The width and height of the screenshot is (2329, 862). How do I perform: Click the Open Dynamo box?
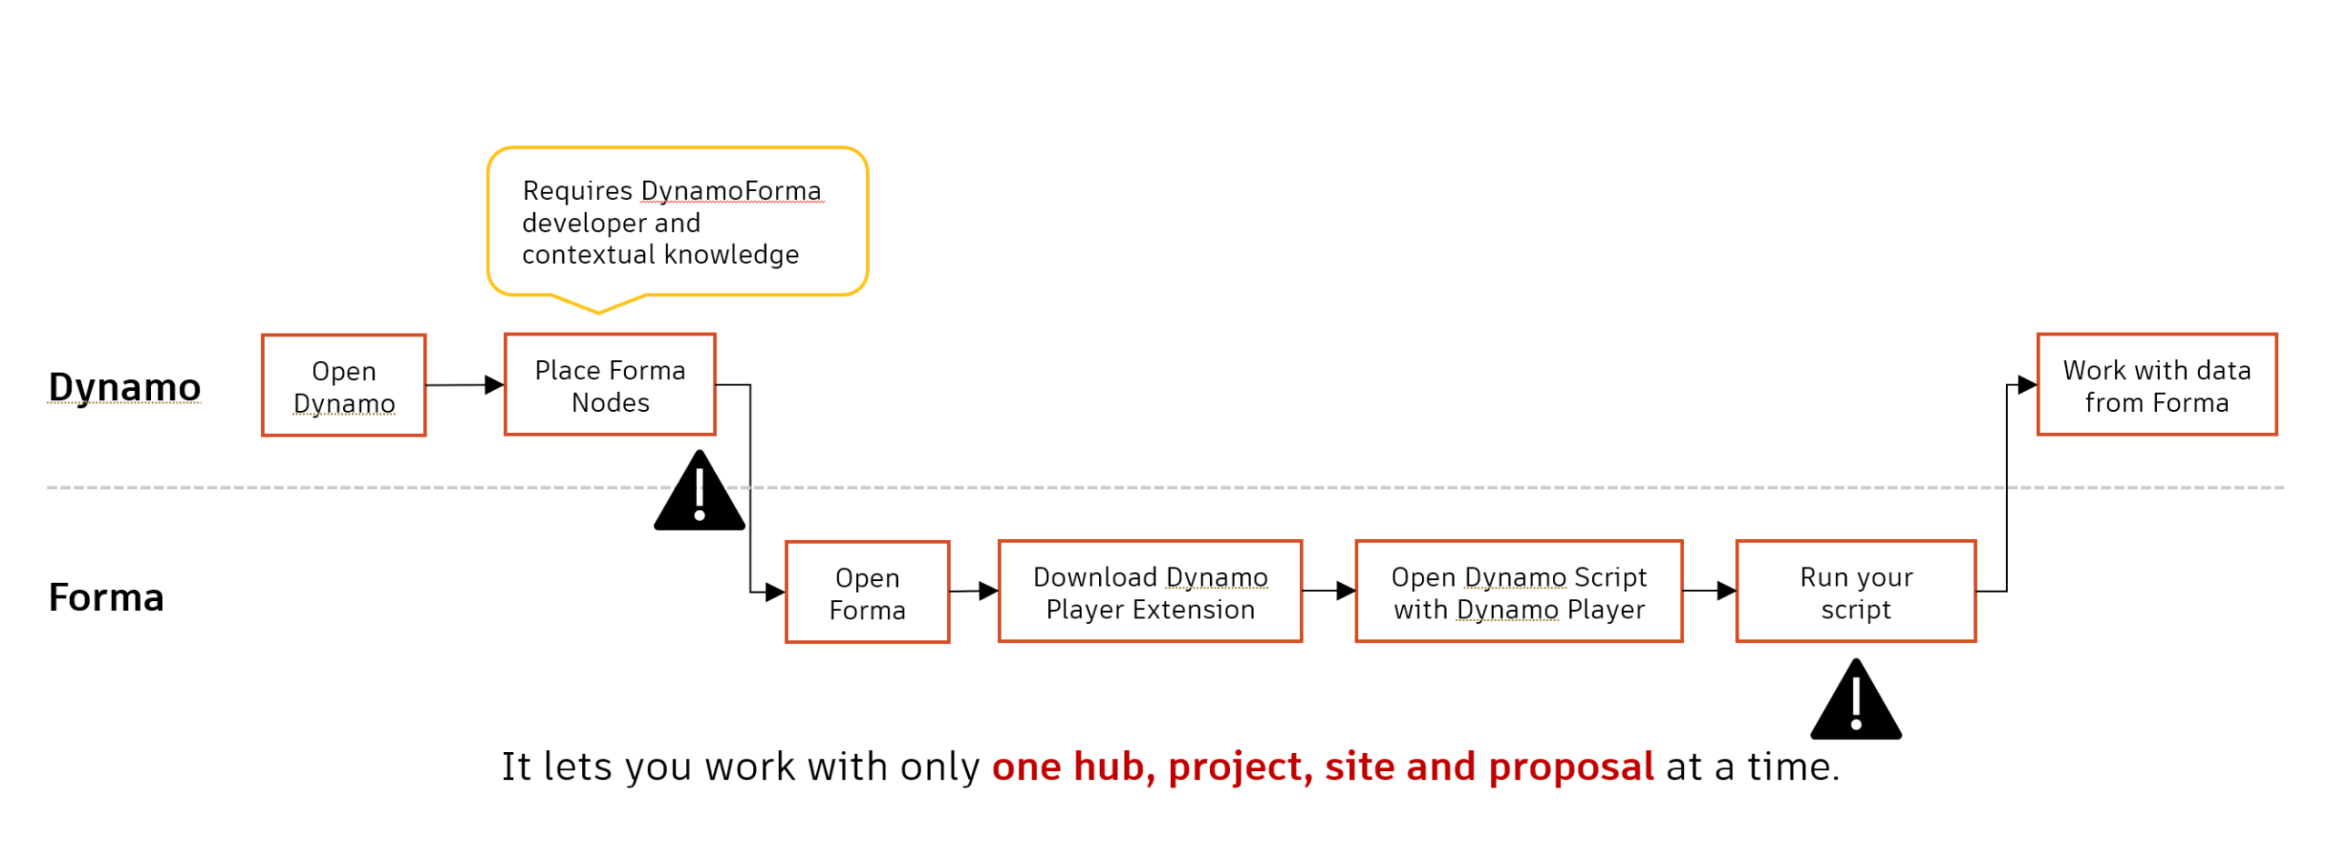[x=343, y=386]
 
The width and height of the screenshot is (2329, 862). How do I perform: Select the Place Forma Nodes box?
[x=610, y=385]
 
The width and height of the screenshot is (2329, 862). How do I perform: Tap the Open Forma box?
[x=867, y=592]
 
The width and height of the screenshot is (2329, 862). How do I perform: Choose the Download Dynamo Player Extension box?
[x=1150, y=592]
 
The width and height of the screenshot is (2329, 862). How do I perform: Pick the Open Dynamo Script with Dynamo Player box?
[x=1518, y=592]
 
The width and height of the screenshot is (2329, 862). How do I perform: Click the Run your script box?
[x=1856, y=592]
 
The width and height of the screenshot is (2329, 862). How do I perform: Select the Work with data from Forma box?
[x=2156, y=385]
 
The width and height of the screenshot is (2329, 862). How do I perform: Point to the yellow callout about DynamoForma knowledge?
[x=678, y=223]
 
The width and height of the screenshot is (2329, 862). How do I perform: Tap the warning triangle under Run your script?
[x=1856, y=703]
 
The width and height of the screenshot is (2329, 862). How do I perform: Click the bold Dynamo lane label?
[x=125, y=387]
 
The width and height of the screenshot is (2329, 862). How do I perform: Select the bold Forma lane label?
[x=106, y=597]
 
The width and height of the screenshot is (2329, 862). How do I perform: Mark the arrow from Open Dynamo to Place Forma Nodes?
[x=464, y=385]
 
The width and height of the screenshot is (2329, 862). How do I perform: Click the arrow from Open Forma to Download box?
[x=974, y=591]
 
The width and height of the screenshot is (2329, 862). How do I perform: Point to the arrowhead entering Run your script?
[x=1725, y=591]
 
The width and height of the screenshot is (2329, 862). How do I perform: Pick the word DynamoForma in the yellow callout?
[x=731, y=191]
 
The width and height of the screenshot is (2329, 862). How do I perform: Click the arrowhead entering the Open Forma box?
[x=774, y=592]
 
